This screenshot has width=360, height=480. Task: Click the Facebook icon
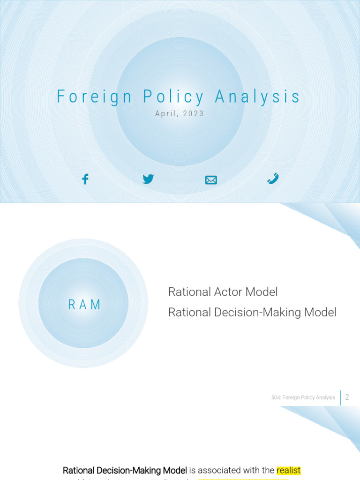(85, 179)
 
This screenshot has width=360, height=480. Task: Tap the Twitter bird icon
(148, 179)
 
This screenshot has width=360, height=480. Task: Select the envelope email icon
(211, 180)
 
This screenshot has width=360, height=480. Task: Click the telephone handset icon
(273, 178)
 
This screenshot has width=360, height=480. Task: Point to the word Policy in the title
(174, 97)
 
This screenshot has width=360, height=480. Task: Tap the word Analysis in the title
(257, 97)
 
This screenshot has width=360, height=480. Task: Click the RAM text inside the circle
(84, 305)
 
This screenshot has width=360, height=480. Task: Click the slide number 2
(347, 397)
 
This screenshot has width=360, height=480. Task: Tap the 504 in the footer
(276, 397)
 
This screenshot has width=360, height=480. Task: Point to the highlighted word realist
(288, 470)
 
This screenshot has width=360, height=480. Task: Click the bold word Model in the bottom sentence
(174, 470)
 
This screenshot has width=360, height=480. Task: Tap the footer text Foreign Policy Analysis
(310, 397)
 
